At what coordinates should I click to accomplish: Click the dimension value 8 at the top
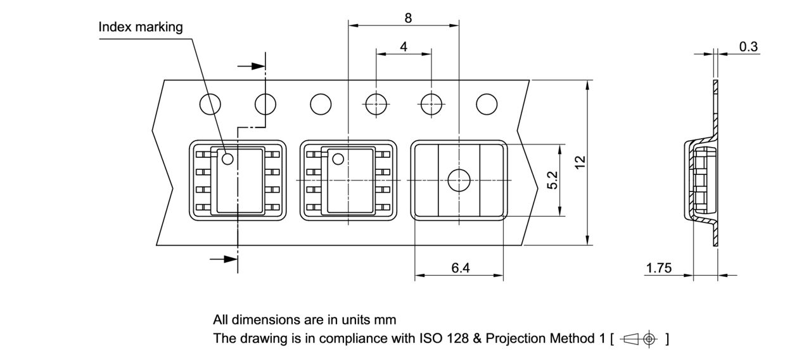point(408,18)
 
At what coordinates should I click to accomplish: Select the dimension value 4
point(404,46)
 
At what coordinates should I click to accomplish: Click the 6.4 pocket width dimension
point(461,268)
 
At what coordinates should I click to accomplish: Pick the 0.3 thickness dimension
point(748,46)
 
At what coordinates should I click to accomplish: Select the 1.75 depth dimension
point(658,268)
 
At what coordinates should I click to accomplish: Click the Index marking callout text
point(141,27)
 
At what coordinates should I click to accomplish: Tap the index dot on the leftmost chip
point(227,158)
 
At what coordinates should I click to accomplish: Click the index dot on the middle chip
point(338,158)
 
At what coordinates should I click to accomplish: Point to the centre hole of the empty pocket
point(458,181)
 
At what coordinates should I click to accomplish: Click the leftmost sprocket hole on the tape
point(210,104)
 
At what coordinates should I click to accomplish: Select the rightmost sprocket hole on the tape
point(487,104)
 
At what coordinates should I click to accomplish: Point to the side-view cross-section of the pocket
point(701,181)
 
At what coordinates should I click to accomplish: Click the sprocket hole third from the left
point(321,104)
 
